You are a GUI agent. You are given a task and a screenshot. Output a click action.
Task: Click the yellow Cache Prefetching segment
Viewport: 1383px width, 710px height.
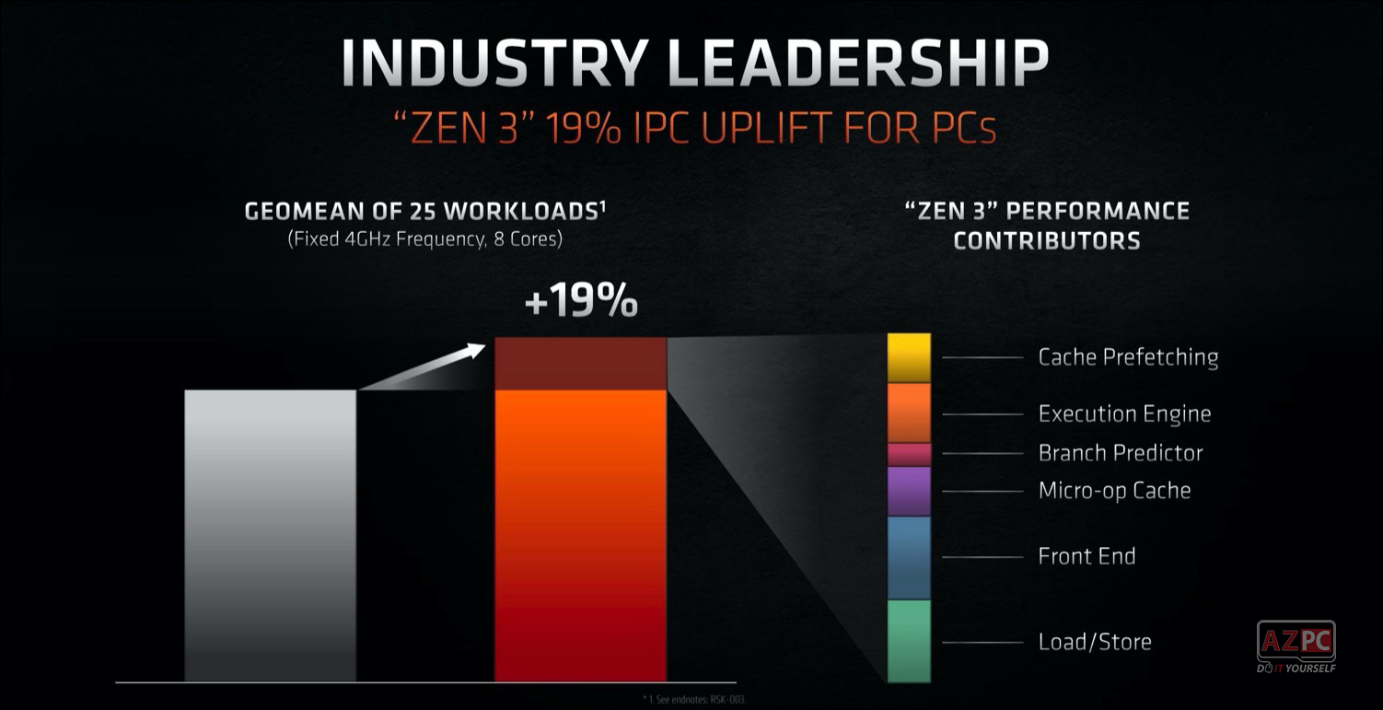coord(909,358)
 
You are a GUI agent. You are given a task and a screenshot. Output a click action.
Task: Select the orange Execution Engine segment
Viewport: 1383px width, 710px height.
coord(909,413)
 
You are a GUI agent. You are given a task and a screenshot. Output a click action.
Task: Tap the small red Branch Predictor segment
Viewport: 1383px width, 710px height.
coord(909,454)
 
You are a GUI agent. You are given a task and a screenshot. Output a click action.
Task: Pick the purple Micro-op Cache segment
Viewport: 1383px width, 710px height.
coord(909,491)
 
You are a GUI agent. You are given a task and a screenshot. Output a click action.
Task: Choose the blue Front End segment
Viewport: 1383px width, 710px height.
coord(909,557)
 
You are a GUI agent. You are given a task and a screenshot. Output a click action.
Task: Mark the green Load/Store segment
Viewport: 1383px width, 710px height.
coord(909,641)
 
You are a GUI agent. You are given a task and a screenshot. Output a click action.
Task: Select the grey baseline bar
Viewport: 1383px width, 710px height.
coord(270,535)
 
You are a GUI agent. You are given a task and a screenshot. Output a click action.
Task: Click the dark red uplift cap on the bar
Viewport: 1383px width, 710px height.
coord(580,364)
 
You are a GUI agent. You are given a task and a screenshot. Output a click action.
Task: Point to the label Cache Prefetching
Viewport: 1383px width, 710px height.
coord(1128,357)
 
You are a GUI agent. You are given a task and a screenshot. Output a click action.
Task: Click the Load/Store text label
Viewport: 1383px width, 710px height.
coord(1095,642)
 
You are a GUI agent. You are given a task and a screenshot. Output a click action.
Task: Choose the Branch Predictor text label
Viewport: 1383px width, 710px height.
coord(1121,453)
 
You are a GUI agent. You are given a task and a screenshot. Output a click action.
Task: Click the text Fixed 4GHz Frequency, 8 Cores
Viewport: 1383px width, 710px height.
coord(424,239)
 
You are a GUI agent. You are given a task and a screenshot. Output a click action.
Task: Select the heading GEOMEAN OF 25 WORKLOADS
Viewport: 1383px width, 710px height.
coord(424,212)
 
